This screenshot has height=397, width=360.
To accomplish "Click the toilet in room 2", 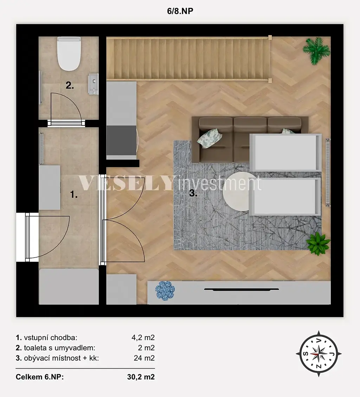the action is [69, 54].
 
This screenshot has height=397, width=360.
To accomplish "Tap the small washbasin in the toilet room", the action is [93, 84].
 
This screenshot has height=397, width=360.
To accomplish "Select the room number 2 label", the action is [70, 85].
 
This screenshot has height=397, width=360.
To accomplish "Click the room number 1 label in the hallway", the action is [74, 195].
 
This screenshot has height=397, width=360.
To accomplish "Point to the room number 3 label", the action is [193, 194].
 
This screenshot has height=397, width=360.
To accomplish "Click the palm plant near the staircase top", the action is [317, 51].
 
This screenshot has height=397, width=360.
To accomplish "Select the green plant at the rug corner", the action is [318, 243].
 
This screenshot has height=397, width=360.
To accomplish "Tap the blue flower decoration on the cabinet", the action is [165, 291].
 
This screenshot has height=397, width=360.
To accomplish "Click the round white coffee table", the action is [236, 191].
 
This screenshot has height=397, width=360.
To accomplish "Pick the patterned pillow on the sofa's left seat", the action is [210, 138].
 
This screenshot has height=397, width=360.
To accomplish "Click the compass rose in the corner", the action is [319, 354].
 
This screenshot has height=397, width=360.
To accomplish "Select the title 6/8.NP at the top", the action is [180, 11].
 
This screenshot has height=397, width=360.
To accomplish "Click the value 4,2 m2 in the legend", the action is [143, 338].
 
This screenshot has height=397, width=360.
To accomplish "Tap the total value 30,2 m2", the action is [141, 377].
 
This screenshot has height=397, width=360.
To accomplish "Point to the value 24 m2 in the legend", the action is [144, 358].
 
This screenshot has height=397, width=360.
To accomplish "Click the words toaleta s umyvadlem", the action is [59, 348].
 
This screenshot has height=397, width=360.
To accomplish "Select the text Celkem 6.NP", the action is [40, 377].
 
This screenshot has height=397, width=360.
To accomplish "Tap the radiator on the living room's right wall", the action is [328, 172].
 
